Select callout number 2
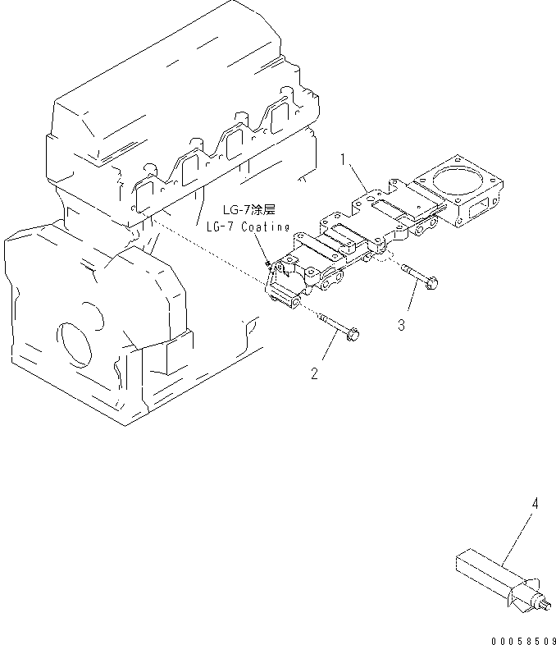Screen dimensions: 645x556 click(314, 374)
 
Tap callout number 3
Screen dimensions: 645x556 click(401, 325)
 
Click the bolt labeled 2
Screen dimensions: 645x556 click(336, 326)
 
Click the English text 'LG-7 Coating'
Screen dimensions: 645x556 click(247, 226)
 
